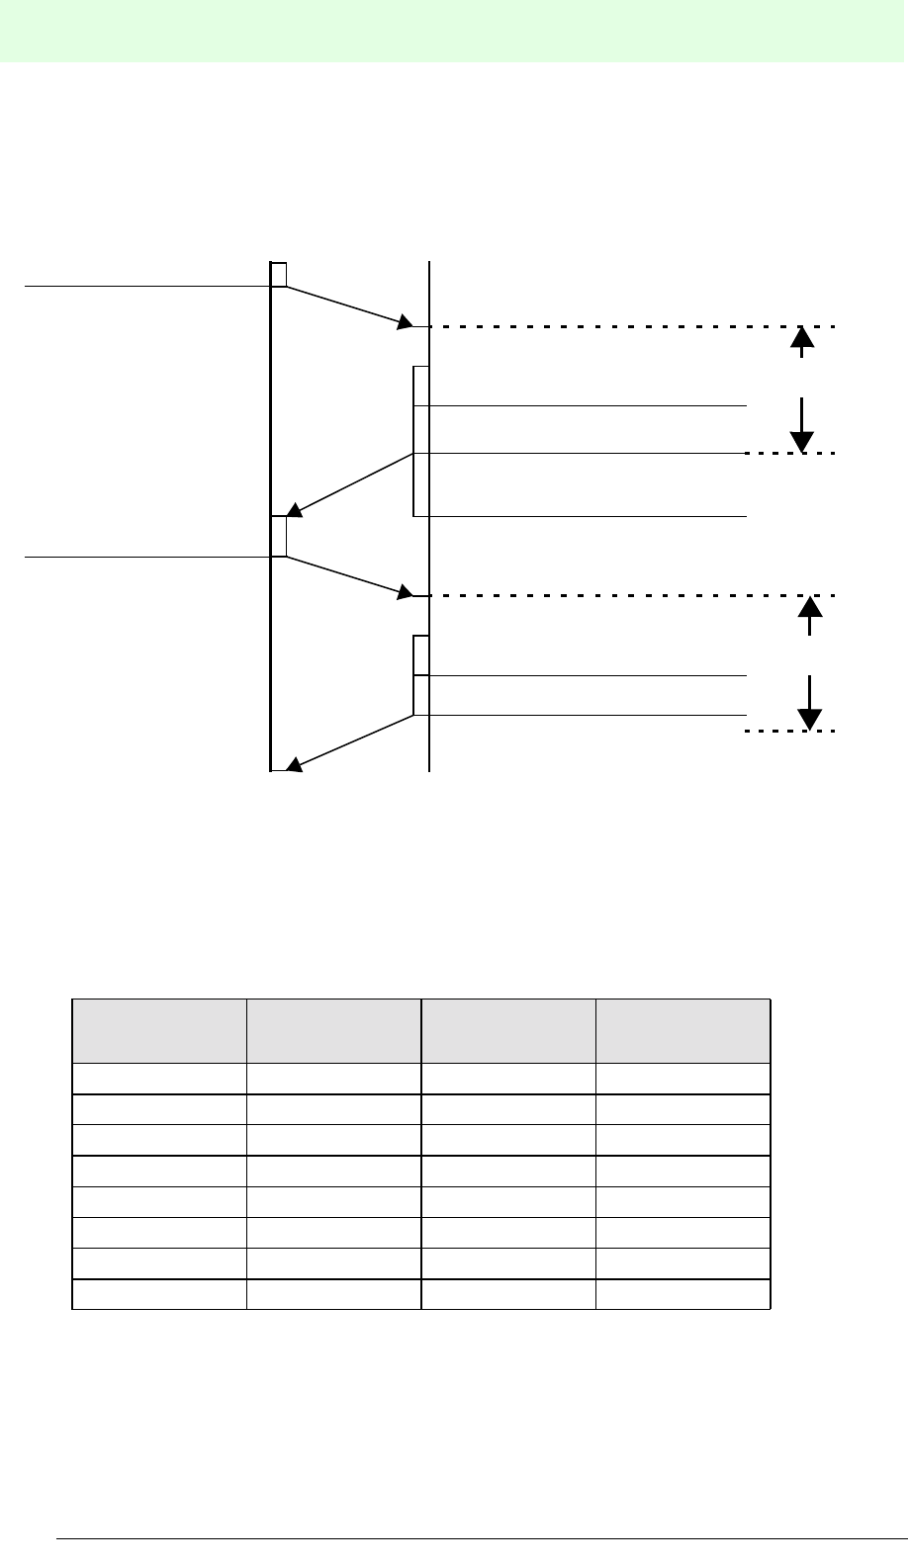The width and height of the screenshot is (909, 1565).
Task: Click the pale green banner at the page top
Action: click(454, 31)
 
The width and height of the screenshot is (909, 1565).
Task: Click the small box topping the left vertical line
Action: click(279, 274)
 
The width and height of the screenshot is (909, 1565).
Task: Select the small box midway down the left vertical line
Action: click(279, 536)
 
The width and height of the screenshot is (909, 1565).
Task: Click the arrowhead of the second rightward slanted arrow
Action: click(406, 592)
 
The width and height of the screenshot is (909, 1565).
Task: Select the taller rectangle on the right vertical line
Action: click(421, 441)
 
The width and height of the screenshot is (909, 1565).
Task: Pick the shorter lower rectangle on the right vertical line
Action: click(421, 675)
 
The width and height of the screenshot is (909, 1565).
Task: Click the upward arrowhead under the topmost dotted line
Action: click(802, 337)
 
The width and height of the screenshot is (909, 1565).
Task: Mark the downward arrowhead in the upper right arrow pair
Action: click(802, 441)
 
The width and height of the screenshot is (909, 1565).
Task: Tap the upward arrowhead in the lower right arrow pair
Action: click(810, 606)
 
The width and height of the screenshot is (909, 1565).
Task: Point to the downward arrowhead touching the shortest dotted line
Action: click(810, 719)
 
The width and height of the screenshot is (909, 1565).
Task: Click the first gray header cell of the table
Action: click(159, 1031)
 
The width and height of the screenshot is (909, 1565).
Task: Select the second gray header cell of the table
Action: click(334, 1031)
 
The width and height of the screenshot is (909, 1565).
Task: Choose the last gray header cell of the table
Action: click(682, 1031)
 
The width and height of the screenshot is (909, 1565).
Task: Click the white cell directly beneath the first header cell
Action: click(159, 1079)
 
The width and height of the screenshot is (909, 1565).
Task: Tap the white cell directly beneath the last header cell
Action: click(682, 1079)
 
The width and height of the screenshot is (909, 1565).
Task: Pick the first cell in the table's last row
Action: click(159, 1294)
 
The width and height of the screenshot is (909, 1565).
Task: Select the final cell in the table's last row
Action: click(682, 1294)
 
